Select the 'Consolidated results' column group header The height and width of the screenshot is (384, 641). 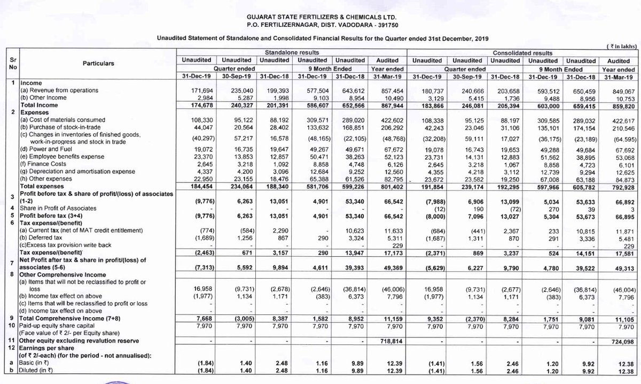click(x=522, y=53)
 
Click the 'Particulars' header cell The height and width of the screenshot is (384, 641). click(x=98, y=64)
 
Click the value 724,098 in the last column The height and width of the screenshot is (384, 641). click(x=620, y=340)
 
